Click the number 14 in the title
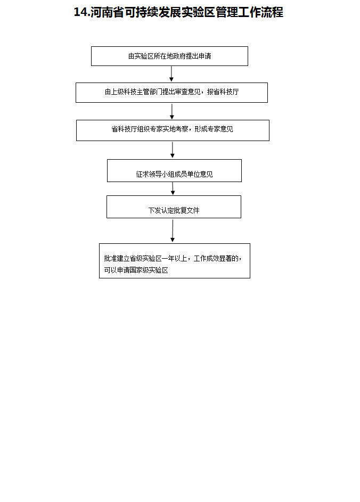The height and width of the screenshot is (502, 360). point(80,13)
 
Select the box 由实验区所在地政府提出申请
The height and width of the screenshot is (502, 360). point(169,56)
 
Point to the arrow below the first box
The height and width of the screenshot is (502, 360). point(171,74)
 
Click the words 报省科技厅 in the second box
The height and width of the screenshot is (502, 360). point(223,92)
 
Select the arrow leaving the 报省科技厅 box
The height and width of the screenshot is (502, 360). point(172,111)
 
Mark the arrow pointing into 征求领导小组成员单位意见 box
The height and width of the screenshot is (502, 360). point(173,150)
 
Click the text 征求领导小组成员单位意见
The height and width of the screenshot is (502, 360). point(174,174)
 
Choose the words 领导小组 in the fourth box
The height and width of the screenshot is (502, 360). point(161,174)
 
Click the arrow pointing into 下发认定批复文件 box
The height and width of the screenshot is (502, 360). point(173,188)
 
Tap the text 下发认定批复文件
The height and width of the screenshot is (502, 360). point(174,210)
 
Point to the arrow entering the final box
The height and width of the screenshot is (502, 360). point(173,231)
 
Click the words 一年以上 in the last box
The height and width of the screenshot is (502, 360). point(178,258)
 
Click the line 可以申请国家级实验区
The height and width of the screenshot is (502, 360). point(136,270)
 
